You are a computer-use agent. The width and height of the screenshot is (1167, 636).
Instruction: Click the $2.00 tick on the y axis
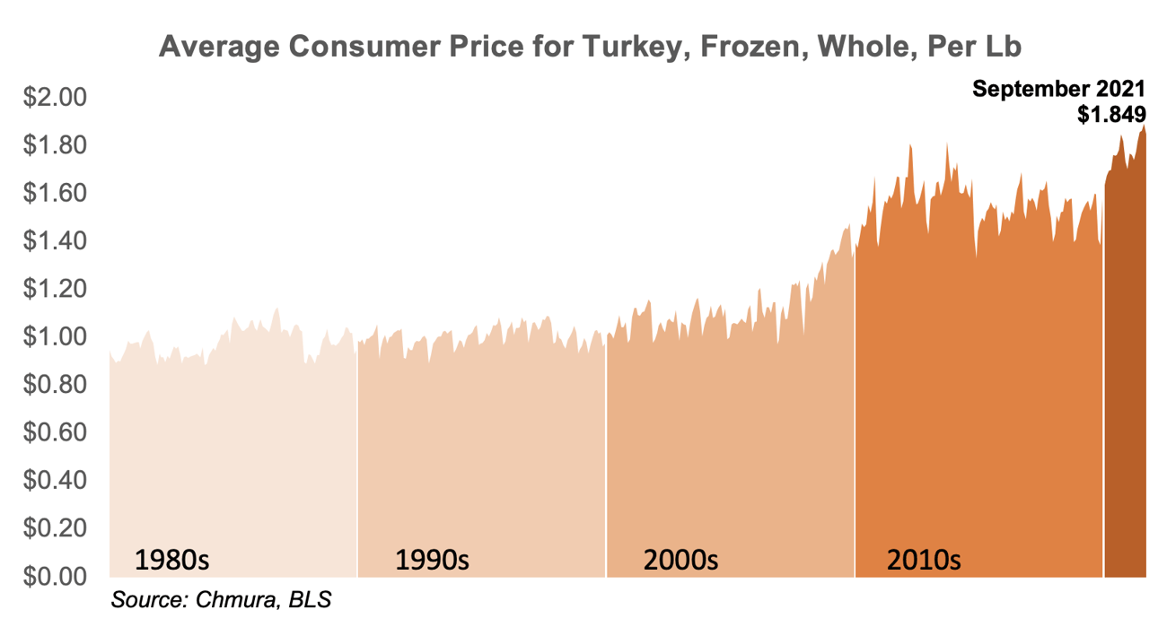pyautogui.click(x=53, y=97)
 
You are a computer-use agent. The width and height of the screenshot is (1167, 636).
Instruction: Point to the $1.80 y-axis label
pyautogui.click(x=53, y=145)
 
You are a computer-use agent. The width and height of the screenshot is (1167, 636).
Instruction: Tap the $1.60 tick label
pyautogui.click(x=53, y=193)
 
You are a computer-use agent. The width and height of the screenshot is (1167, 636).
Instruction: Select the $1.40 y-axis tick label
pyautogui.click(x=53, y=240)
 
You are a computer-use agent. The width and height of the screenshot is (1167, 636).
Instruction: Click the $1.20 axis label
pyautogui.click(x=53, y=289)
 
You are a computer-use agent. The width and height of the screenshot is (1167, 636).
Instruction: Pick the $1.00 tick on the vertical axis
pyautogui.click(x=53, y=336)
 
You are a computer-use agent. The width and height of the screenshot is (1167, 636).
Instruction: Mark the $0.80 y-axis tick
pyautogui.click(x=53, y=384)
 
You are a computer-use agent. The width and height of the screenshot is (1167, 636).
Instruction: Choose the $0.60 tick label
pyautogui.click(x=53, y=432)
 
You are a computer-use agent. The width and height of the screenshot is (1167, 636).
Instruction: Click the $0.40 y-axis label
pyautogui.click(x=53, y=480)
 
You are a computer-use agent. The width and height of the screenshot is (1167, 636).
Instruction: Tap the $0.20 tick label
pyautogui.click(x=53, y=527)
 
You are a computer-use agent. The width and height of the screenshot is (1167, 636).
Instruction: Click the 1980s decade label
pyautogui.click(x=171, y=561)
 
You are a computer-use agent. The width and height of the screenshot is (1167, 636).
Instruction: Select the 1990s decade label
pyautogui.click(x=433, y=561)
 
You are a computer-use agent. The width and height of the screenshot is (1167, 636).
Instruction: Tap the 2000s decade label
pyautogui.click(x=680, y=561)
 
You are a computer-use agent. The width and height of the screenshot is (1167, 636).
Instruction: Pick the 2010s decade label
pyautogui.click(x=924, y=561)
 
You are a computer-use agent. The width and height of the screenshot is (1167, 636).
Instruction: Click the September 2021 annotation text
pyautogui.click(x=1058, y=89)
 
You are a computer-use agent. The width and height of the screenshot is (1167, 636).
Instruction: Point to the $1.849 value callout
pyautogui.click(x=1111, y=113)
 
